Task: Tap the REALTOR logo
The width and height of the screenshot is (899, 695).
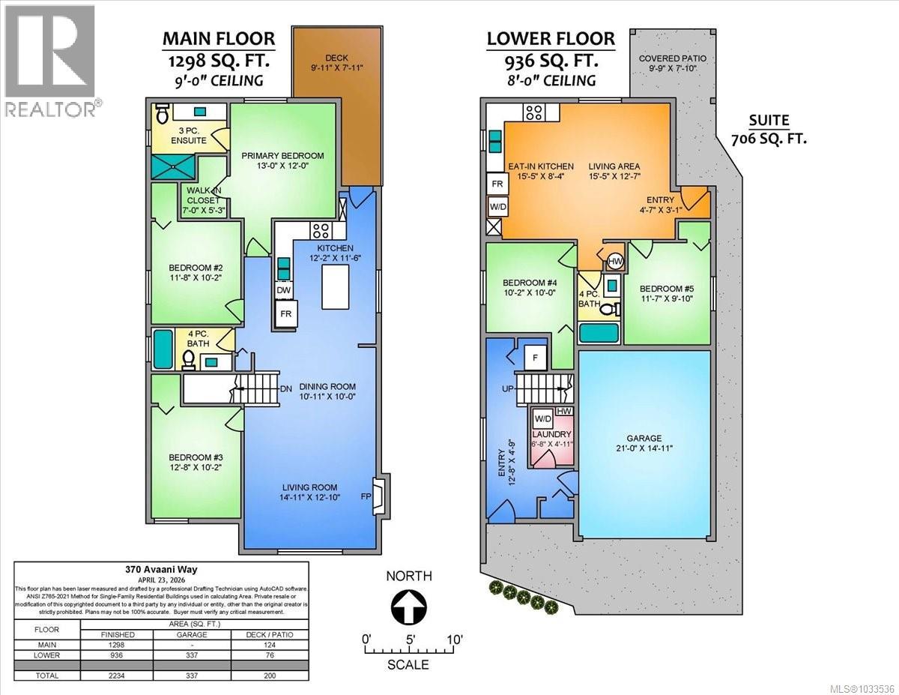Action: [50, 60]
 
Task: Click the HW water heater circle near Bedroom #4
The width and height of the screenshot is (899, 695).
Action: [615, 261]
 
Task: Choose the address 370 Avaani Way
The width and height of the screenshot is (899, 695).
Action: [161, 568]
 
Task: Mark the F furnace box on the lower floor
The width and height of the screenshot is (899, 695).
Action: [534, 357]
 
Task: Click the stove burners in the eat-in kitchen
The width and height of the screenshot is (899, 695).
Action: [535, 113]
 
